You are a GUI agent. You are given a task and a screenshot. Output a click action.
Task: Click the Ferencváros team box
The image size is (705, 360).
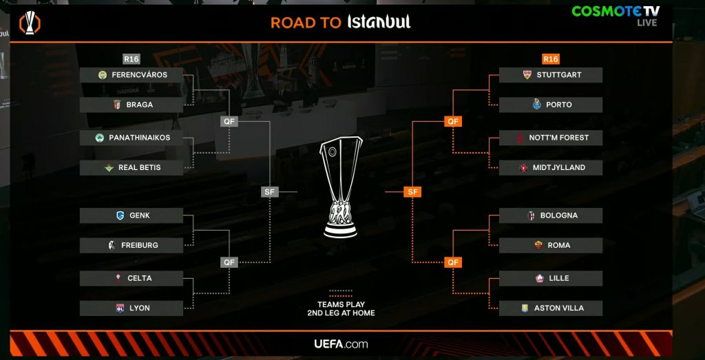(131, 75)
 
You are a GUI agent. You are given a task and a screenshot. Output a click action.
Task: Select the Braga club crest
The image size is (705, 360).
(116, 105)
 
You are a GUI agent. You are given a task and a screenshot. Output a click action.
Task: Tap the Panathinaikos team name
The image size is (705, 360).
(139, 138)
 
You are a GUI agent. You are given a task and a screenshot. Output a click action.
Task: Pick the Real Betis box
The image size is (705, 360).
(131, 167)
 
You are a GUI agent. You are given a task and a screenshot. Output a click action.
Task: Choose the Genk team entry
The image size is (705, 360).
(131, 215)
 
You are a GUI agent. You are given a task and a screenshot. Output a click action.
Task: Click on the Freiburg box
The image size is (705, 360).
(131, 245)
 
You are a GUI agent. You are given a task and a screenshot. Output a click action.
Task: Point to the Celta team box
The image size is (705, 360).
(131, 278)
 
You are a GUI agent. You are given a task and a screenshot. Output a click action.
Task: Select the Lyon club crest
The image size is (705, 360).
(119, 308)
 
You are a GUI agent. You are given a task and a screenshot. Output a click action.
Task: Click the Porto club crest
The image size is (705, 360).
(538, 105)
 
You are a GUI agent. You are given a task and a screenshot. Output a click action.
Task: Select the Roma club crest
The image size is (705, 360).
(538, 245)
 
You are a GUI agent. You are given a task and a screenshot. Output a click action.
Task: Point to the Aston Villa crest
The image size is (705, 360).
(524, 308)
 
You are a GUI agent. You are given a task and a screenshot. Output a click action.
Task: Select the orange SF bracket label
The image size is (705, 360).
(413, 192)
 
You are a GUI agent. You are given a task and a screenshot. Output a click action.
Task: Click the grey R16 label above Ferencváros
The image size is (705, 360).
(131, 59)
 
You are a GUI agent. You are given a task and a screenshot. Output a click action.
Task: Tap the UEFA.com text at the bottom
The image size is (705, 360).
(341, 344)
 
